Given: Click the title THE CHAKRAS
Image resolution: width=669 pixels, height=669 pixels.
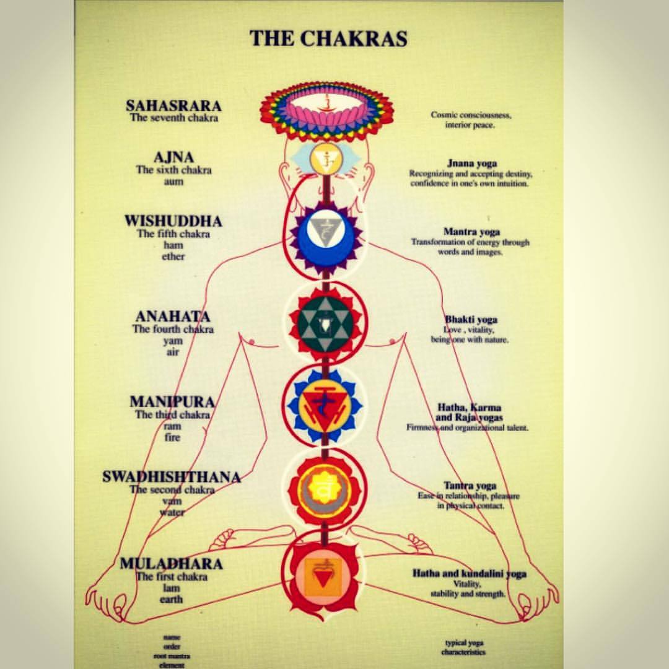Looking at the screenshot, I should point(328,38).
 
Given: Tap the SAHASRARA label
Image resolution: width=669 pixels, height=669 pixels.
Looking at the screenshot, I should point(173,106).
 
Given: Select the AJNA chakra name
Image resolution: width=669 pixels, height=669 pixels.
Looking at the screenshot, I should point(173,157).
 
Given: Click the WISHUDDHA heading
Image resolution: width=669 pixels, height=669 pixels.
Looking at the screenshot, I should point(173,221).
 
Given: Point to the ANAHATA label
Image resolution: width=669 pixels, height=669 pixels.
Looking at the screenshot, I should point(173,317).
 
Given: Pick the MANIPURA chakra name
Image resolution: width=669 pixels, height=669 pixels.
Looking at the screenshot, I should point(172,401).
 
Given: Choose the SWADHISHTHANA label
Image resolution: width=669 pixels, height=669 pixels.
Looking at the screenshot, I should point(172,477).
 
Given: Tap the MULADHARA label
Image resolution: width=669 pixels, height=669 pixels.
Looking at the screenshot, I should point(171,564).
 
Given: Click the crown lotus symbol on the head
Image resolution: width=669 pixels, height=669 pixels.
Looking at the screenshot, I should point(326,110).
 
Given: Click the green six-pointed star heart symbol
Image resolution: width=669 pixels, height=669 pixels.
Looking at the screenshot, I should point(325,322).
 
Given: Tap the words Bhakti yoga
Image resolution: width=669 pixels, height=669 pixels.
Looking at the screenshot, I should point(471,320).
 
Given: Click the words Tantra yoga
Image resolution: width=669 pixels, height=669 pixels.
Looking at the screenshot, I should point(470,486).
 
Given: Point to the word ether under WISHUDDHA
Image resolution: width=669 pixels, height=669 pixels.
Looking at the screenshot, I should point(173,256).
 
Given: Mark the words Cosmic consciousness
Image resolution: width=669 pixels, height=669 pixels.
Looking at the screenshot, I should point(471,115).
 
